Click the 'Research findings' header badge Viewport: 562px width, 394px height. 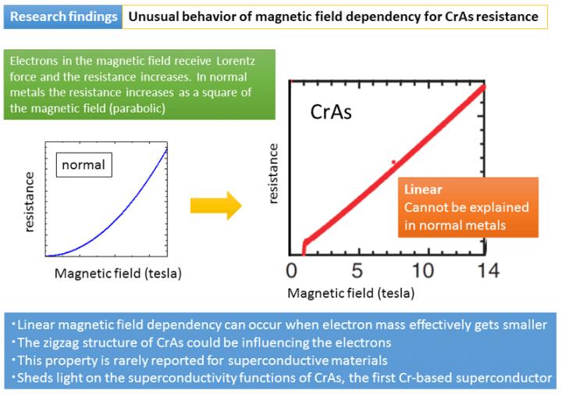click(62, 16)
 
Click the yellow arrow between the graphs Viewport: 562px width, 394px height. click(215, 206)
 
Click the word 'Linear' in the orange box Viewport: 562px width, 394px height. click(422, 190)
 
